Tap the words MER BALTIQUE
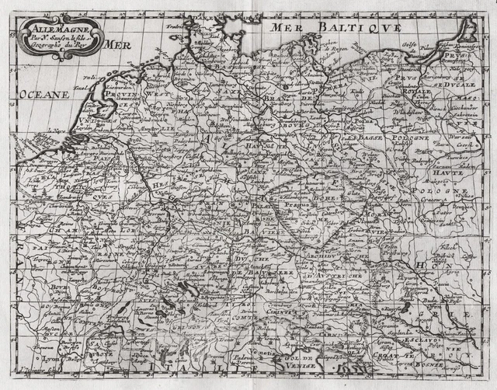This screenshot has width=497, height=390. coord(335,28)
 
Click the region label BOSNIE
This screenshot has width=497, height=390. coord(426,364)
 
